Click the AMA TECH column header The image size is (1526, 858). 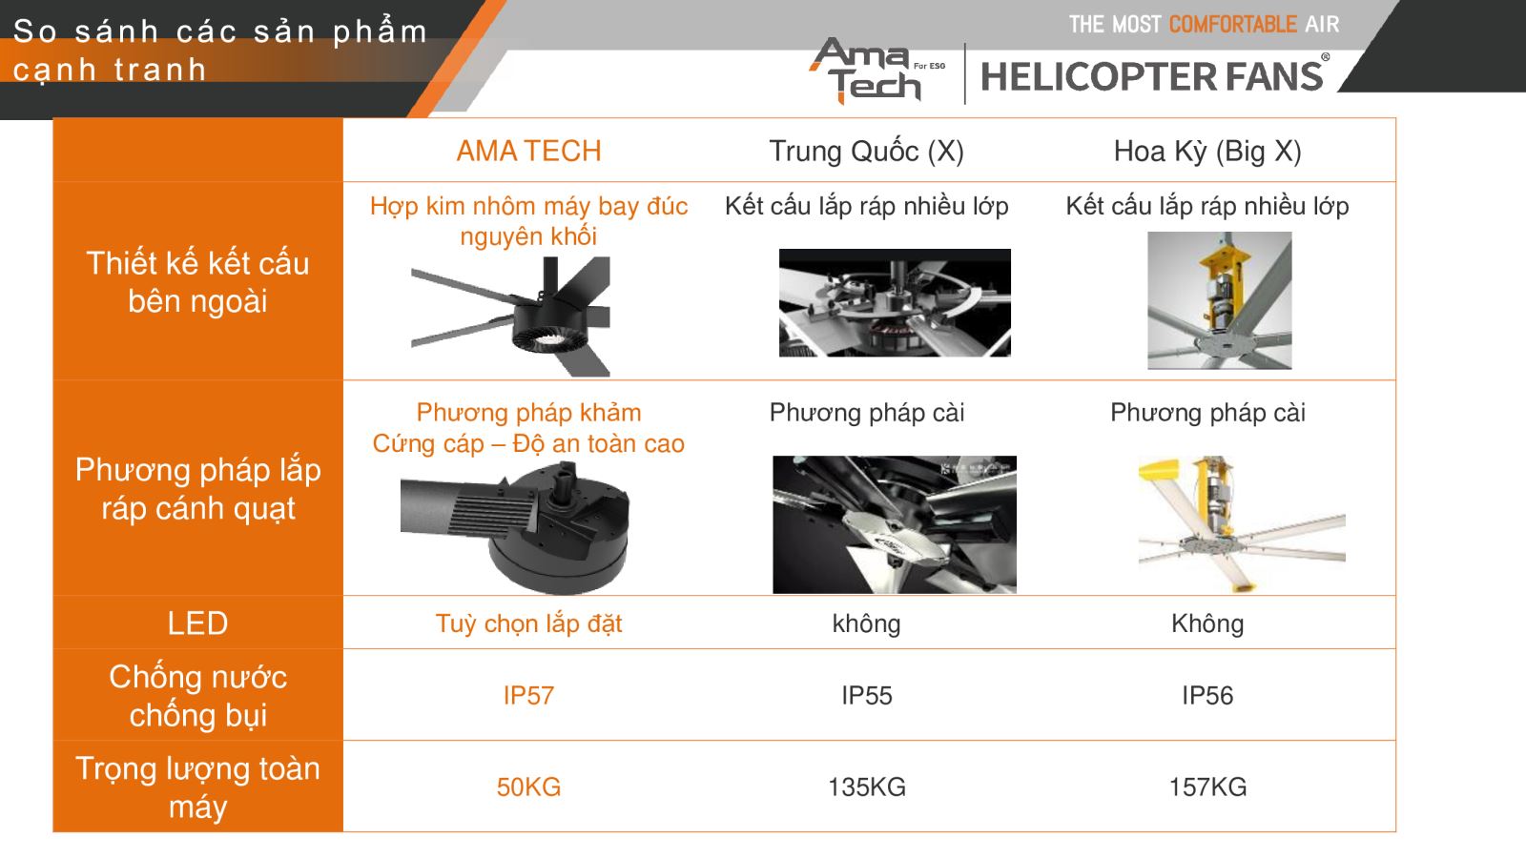point(528,151)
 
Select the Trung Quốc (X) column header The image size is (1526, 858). point(867,152)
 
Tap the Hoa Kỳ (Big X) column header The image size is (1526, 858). point(1207,152)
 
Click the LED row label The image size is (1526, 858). point(197,623)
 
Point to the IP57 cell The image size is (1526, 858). point(528,695)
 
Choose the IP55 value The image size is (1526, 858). point(867,695)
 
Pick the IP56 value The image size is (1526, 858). point(1207,695)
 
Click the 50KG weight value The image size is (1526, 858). point(528,786)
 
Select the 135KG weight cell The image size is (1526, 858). point(867,786)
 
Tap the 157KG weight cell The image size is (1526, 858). point(1207,786)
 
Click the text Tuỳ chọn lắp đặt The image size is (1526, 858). point(528,623)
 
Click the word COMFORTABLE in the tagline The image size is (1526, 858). point(1232,25)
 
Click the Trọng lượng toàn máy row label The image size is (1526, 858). point(197,787)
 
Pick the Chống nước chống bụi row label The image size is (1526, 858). point(197,696)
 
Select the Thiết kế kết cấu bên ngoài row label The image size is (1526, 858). point(197,282)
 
